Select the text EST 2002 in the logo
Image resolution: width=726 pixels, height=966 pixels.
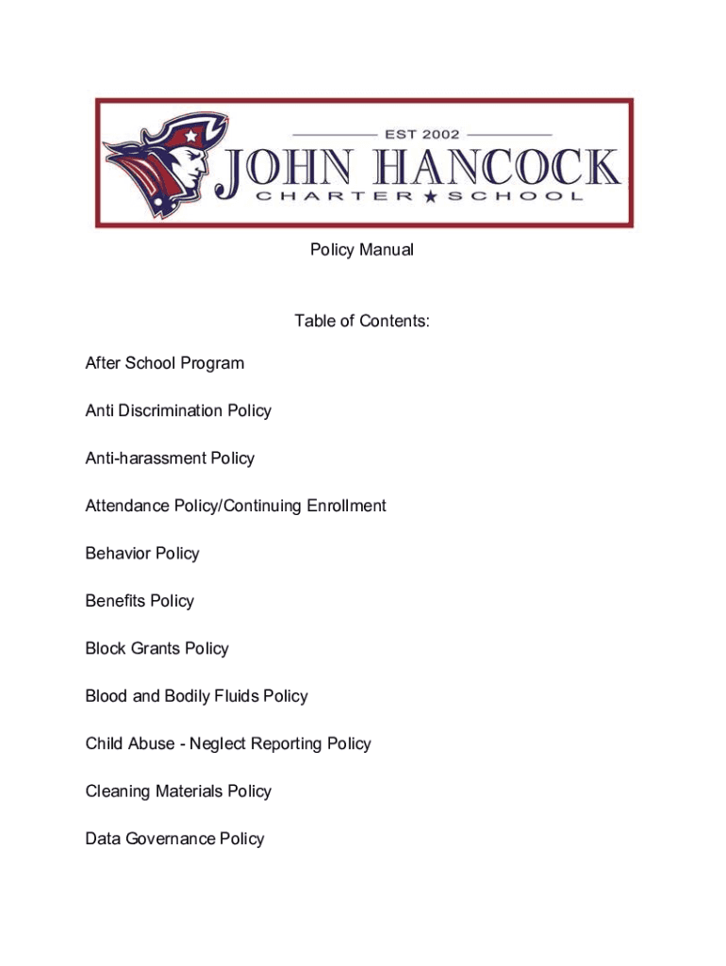pyautogui.click(x=421, y=134)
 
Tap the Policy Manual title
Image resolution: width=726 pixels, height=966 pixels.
pyautogui.click(x=362, y=250)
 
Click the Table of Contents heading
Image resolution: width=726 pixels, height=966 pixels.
pyautogui.click(x=362, y=321)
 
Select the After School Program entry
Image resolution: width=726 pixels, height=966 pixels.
pyautogui.click(x=164, y=363)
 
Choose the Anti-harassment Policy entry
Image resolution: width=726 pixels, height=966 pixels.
pyautogui.click(x=170, y=458)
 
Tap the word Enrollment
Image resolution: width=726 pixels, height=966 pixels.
pyautogui.click(x=342, y=506)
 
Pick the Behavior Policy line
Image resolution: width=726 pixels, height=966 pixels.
pyautogui.click(x=142, y=553)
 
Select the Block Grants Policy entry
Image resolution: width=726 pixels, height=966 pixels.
pyautogui.click(x=157, y=648)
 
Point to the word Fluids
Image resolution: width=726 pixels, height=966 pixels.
pyautogui.click(x=234, y=696)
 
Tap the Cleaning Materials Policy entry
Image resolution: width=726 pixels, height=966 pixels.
pyautogui.click(x=178, y=791)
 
